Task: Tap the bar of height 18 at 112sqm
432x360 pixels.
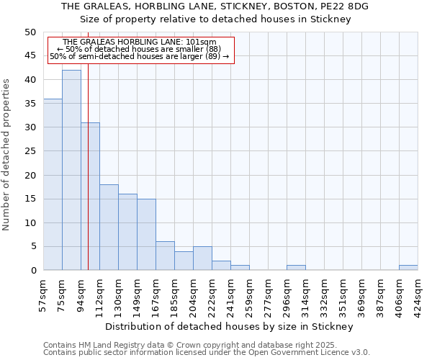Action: pos(109,228)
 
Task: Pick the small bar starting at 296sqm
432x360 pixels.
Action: pos(296,268)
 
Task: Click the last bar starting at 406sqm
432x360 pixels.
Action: pos(408,268)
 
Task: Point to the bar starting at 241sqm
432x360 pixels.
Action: pos(240,268)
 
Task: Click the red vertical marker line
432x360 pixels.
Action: pos(88,180)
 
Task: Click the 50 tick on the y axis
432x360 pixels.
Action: pos(30,32)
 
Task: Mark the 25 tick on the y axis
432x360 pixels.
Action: pos(30,151)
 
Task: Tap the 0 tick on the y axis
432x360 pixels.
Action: pos(32,270)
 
